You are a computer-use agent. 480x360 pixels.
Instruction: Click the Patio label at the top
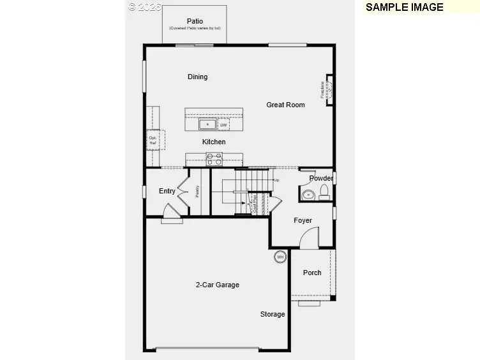click(195, 21)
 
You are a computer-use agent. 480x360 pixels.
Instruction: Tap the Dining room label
click(197, 77)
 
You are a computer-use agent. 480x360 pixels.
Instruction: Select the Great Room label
click(285, 105)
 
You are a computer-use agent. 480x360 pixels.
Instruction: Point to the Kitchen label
click(214, 142)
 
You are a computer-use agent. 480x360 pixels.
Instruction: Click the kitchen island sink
click(207, 124)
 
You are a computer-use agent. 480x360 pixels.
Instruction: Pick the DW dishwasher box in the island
click(223, 124)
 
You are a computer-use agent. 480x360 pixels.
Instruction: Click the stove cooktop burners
click(214, 159)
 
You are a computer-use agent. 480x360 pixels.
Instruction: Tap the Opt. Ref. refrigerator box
click(154, 140)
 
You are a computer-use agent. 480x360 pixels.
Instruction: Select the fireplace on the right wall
click(329, 89)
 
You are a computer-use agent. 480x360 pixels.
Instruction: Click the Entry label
click(167, 191)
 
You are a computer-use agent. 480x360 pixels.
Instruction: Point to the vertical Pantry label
click(197, 191)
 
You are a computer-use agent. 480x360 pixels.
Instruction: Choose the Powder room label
click(321, 179)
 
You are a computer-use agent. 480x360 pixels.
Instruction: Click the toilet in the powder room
click(324, 192)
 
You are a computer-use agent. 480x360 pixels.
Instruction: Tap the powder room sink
click(308, 194)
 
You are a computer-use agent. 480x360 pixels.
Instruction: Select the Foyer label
click(303, 221)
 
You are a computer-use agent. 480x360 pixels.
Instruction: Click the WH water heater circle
click(280, 257)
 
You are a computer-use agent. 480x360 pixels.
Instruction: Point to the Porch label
click(312, 273)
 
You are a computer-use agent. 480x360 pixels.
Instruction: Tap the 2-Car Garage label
click(217, 285)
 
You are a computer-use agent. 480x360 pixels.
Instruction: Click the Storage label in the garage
click(273, 314)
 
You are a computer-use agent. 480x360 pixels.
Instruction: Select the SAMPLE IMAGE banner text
click(405, 8)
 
